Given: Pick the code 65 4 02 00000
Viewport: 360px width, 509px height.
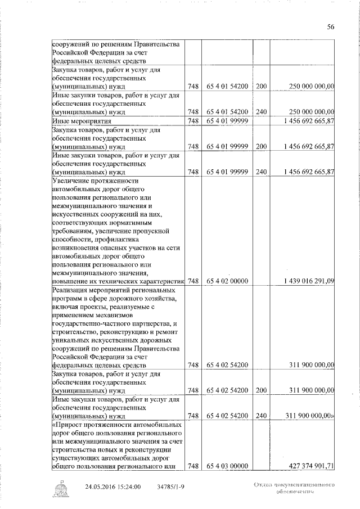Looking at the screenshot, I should point(227,281).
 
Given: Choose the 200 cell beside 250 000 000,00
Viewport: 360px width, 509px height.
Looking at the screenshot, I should point(261,87).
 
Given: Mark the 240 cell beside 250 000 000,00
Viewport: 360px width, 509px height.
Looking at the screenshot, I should point(261,112).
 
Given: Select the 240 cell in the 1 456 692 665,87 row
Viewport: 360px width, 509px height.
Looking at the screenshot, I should point(261,172).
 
